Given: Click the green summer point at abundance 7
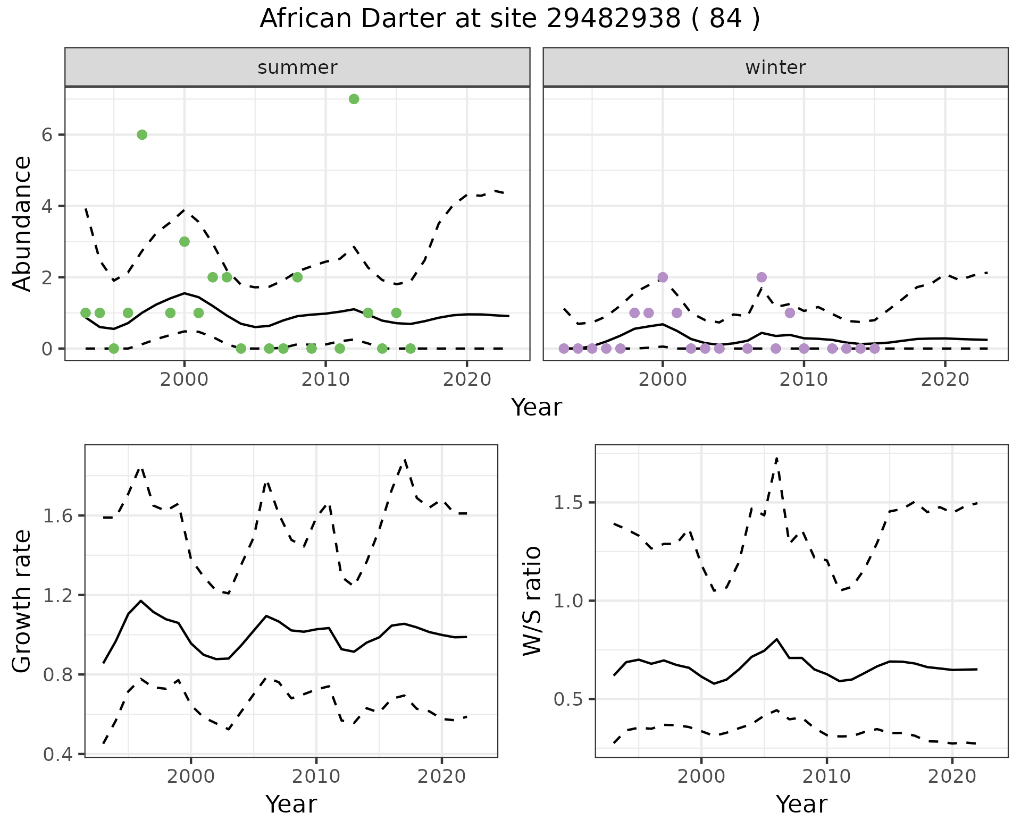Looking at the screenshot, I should click(x=354, y=99).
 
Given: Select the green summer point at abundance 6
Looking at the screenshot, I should click(x=142, y=135).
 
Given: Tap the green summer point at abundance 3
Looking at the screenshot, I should click(x=185, y=242).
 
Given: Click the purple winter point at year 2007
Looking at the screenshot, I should click(x=761, y=277).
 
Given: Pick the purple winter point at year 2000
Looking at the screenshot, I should click(x=663, y=277).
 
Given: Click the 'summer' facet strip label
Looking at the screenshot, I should click(x=297, y=67).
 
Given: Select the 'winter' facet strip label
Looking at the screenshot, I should click(x=775, y=67).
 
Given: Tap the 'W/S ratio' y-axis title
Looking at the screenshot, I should click(x=532, y=601).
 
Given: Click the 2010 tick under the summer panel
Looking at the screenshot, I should click(x=325, y=379).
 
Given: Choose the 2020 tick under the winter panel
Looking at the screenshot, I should click(x=945, y=379).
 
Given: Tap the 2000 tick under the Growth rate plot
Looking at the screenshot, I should click(x=191, y=776).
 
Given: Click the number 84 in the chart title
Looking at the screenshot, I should click(x=726, y=19).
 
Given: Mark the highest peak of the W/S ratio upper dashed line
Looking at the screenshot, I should click(x=777, y=458).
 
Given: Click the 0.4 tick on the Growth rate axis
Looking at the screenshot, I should click(x=60, y=754).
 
